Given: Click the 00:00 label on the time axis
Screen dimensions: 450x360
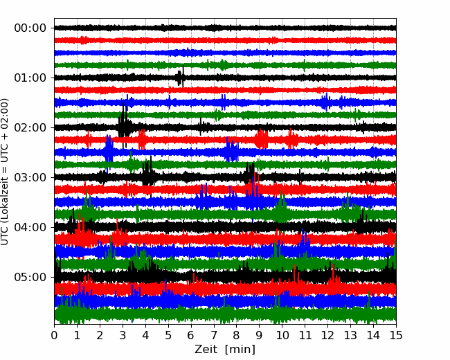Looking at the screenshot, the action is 30,28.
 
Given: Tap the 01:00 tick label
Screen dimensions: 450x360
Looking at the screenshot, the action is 30,78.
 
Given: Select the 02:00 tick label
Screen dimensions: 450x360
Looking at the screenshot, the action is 30,128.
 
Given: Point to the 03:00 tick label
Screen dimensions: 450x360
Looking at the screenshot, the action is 30,178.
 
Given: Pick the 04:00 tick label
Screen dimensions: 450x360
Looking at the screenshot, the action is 30,227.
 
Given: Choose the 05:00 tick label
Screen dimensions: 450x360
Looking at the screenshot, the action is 30,278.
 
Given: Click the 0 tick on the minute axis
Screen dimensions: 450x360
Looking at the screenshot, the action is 54,335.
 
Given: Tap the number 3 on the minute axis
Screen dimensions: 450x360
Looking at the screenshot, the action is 123,335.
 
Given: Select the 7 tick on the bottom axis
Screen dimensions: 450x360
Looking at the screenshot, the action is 214,335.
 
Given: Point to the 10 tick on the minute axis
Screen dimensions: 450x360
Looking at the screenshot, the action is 282,335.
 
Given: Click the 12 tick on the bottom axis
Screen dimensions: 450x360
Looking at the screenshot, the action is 327,335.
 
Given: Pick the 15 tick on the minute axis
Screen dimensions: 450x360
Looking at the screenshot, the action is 396,335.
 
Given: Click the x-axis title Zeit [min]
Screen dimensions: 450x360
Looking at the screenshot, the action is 225,350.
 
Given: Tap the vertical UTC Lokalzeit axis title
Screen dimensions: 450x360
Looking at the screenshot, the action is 4,172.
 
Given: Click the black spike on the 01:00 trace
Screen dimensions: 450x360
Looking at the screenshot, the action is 180,77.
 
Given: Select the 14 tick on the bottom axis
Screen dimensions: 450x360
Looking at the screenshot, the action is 373,335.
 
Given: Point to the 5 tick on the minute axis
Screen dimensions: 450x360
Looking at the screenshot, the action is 168,335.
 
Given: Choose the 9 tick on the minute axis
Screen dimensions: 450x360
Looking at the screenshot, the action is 260,335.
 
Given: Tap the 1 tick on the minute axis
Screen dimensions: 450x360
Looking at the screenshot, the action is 77,335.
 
